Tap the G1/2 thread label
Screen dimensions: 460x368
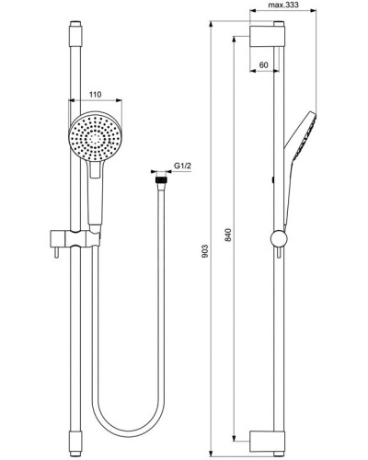coord(182,166)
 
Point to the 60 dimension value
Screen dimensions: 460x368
coord(264,66)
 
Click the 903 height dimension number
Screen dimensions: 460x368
coord(208,249)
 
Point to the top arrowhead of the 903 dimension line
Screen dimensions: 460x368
coord(213,23)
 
